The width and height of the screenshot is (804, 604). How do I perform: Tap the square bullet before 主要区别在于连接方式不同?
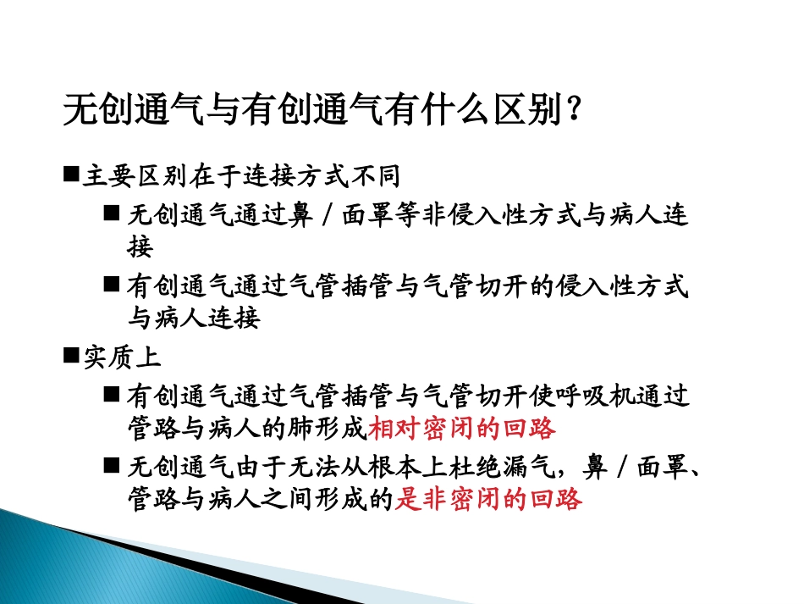coord(71,175)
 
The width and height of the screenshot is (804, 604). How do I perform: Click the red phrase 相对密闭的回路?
coord(462,429)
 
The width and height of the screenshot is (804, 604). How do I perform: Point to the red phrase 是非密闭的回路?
coord(489,500)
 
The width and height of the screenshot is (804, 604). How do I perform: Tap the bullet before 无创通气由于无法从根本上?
coord(113,465)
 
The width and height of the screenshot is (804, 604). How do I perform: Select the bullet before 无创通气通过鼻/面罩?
coord(113,214)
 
